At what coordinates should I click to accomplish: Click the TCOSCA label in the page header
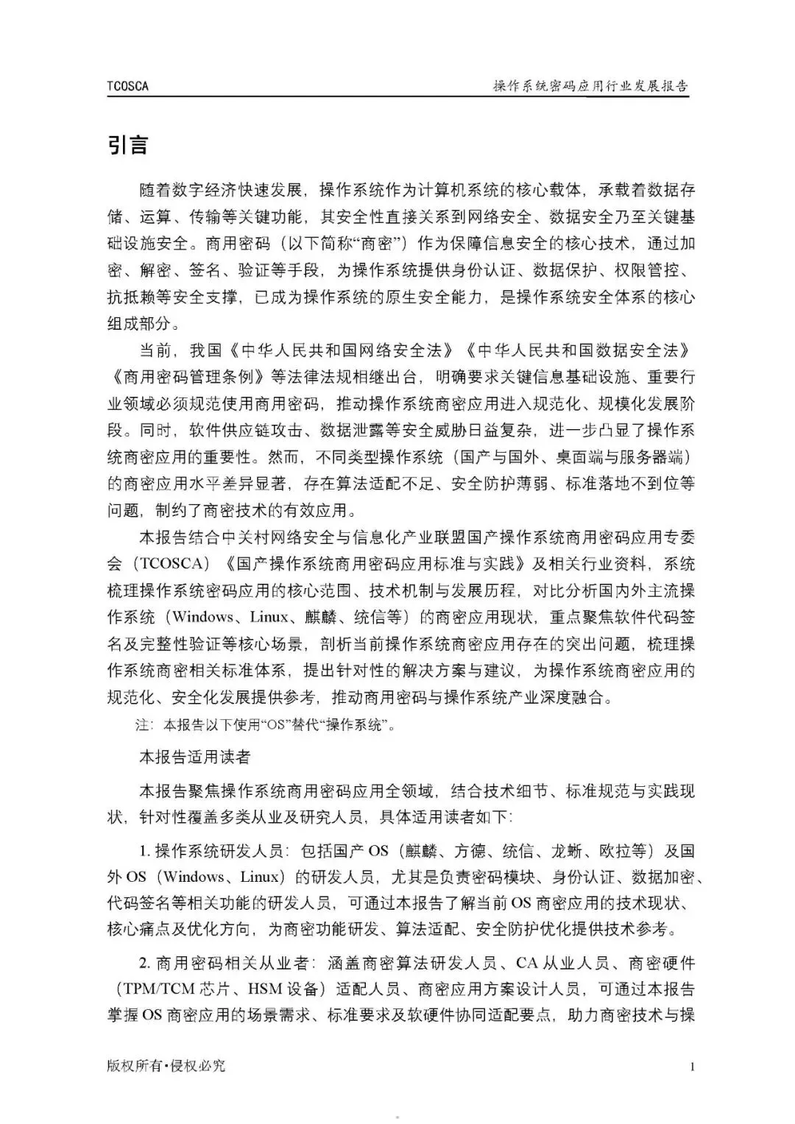pos(127,86)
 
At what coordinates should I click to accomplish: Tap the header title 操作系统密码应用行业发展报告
pos(590,86)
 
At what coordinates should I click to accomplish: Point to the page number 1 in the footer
pos(692,1066)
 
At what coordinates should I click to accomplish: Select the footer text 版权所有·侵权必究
pos(166,1066)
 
